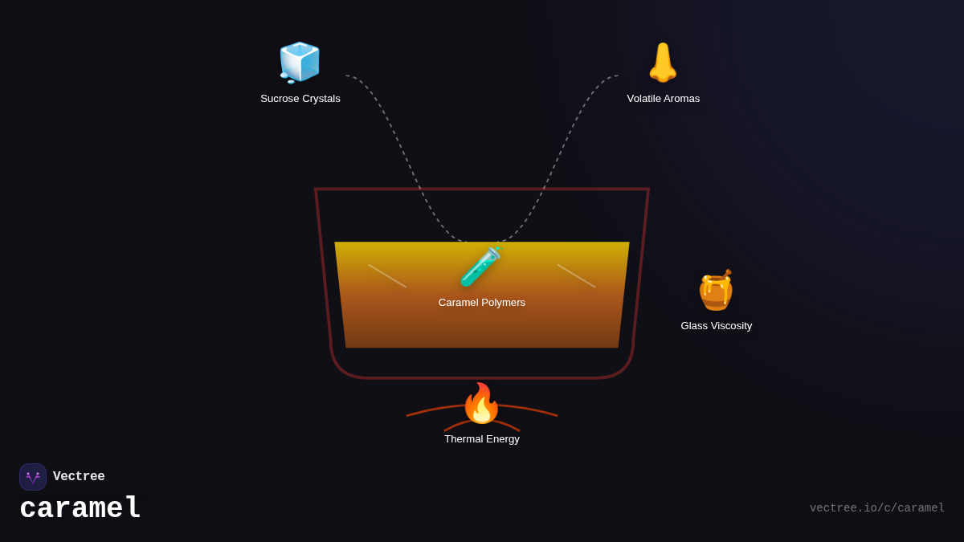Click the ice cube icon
click(x=300, y=62)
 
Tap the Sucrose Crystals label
click(x=300, y=99)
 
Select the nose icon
click(x=663, y=63)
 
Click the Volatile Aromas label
click(x=664, y=99)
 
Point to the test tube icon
click(x=480, y=267)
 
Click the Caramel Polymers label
click(x=482, y=303)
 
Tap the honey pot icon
click(x=716, y=290)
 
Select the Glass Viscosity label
click(x=717, y=326)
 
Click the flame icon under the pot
click(x=481, y=403)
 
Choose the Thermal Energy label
click(x=482, y=439)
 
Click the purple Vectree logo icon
click(x=33, y=477)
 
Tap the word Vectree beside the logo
click(x=79, y=477)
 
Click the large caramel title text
click(x=80, y=509)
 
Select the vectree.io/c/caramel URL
click(x=876, y=508)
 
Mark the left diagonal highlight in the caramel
click(x=387, y=275)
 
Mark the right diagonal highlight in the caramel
click(x=576, y=275)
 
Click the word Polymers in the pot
click(x=503, y=303)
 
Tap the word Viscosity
click(x=730, y=326)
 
